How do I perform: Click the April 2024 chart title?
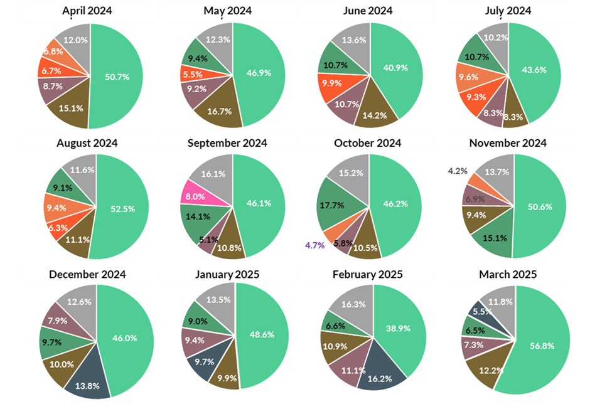point(87,11)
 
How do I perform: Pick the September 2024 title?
point(227,143)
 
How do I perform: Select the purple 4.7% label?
point(314,245)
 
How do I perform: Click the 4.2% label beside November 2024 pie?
point(456,170)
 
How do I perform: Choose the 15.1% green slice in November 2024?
point(493,238)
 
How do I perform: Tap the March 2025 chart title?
point(508,274)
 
